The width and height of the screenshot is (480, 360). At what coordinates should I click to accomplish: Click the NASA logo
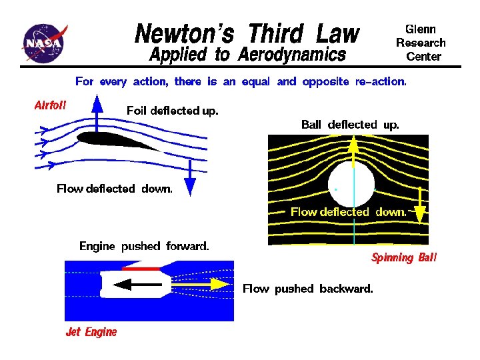coord(44,44)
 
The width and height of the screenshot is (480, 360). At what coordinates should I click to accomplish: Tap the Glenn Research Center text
coord(421,43)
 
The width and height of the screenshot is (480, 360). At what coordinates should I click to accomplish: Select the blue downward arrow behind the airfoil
coord(190,177)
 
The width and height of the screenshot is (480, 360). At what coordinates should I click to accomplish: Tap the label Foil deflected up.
coord(172,111)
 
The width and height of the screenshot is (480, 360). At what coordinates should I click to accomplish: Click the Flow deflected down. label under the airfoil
coord(114,189)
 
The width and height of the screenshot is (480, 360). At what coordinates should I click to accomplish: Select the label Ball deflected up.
coord(350,125)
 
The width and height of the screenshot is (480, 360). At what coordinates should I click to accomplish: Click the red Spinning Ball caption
coord(404,258)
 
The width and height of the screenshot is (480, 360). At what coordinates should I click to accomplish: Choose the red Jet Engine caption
coord(91,332)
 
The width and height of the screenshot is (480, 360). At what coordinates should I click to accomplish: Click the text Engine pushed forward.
coord(144,246)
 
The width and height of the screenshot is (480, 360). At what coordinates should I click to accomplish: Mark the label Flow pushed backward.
coord(308,289)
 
